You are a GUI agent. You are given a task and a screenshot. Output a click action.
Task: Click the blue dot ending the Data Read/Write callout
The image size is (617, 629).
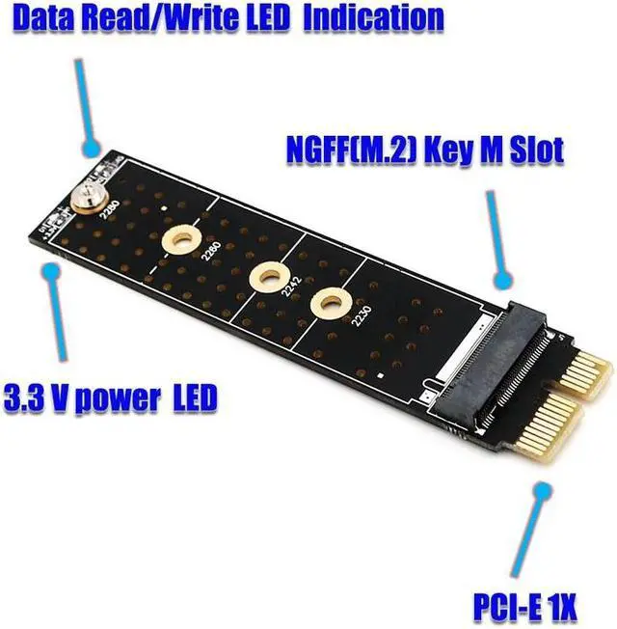pyautogui.click(x=92, y=150)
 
